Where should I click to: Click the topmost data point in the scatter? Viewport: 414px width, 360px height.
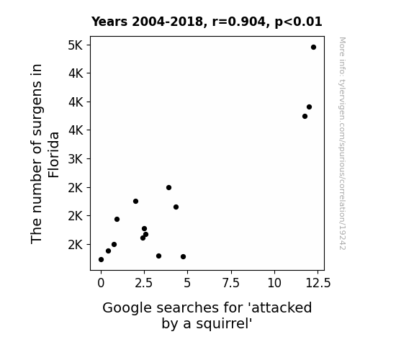pyautogui.click(x=313, y=48)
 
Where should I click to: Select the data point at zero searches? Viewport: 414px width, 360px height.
pyautogui.click(x=101, y=260)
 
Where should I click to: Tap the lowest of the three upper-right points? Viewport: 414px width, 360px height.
pyautogui.click(x=305, y=116)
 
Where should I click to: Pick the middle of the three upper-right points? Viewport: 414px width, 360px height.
pyautogui.click(x=309, y=107)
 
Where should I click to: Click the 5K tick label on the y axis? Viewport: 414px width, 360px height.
pyautogui.click(x=76, y=45)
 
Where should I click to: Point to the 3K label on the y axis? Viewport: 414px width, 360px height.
pyautogui.click(x=76, y=159)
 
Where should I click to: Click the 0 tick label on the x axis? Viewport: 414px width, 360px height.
pyautogui.click(x=101, y=283)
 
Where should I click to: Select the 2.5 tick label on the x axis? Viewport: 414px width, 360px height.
pyautogui.click(x=144, y=283)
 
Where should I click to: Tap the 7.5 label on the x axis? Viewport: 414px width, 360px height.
pyautogui.click(x=231, y=283)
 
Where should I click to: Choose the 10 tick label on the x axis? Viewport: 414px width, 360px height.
pyautogui.click(x=274, y=283)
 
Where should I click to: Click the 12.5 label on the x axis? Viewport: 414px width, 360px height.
pyautogui.click(x=318, y=283)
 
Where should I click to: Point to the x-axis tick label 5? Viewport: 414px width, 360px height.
pyautogui.click(x=187, y=283)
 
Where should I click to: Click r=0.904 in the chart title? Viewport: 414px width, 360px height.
pyautogui.click(x=239, y=22)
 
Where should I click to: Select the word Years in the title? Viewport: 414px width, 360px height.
pyautogui.click(x=109, y=22)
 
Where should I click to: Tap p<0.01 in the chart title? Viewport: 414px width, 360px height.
pyautogui.click(x=298, y=22)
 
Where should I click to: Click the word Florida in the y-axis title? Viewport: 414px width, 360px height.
pyautogui.click(x=53, y=155)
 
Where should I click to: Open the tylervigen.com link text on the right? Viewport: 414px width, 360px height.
pyautogui.click(x=342, y=143)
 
